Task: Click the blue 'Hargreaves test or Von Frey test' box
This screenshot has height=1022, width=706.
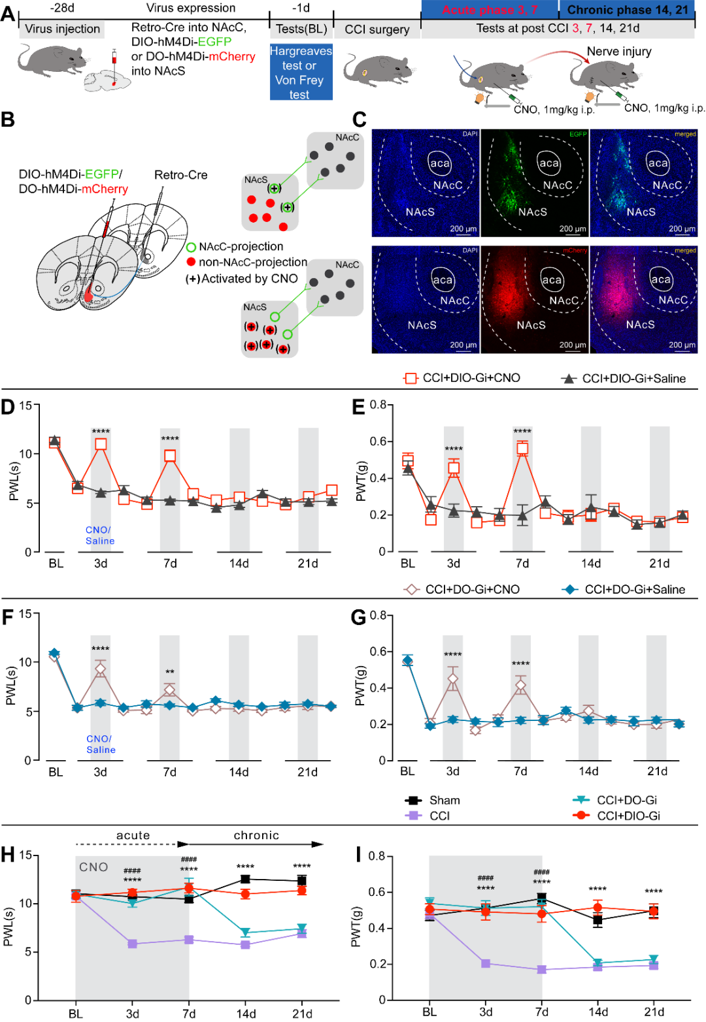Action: click(x=301, y=72)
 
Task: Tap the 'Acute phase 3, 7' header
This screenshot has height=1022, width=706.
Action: click(x=490, y=10)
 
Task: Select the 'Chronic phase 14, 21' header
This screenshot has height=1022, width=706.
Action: click(x=627, y=10)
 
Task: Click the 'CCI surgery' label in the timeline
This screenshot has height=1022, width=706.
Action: click(x=377, y=29)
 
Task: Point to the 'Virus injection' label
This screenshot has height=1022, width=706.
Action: click(x=62, y=29)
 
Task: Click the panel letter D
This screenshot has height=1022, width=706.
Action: click(x=8, y=407)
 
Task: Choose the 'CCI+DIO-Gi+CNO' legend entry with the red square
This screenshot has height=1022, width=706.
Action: click(x=462, y=378)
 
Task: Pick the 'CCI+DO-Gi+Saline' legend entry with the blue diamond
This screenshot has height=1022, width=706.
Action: click(x=624, y=589)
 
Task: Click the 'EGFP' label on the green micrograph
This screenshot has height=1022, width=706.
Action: click(x=578, y=134)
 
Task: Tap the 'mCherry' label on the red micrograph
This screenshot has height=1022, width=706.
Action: click(x=575, y=250)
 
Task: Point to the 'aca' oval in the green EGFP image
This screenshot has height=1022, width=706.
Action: click(x=549, y=163)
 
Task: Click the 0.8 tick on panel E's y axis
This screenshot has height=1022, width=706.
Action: click(x=378, y=404)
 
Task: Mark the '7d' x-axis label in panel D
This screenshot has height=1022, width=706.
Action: click(x=170, y=563)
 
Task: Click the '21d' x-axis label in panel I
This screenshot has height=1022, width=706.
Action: click(x=654, y=1012)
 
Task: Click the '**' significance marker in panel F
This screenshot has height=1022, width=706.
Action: click(x=170, y=673)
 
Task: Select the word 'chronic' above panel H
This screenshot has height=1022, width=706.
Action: click(x=256, y=835)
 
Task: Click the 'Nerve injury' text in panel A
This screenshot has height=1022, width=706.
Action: click(x=618, y=52)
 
